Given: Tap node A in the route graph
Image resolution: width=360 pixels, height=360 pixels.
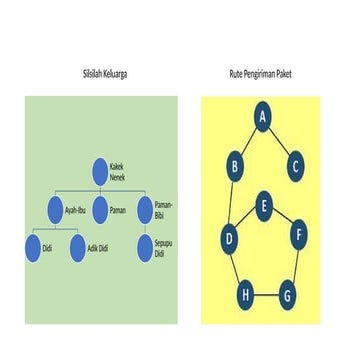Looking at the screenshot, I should [x=263, y=118].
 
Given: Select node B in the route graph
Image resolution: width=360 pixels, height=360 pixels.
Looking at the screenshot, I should [x=234, y=166].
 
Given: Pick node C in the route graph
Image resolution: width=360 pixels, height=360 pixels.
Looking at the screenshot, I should [x=294, y=166].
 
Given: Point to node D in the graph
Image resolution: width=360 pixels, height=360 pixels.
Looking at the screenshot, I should [x=230, y=238].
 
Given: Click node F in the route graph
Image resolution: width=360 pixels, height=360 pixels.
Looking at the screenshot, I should [x=298, y=237].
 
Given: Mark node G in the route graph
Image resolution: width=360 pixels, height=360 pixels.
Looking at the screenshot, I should [x=286, y=296].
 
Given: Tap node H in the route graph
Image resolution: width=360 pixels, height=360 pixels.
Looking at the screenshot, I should [x=245, y=296].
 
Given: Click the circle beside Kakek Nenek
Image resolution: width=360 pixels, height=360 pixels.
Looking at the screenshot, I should [x=99, y=171].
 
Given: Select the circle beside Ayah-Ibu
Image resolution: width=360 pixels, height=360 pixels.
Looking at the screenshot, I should [x=55, y=211].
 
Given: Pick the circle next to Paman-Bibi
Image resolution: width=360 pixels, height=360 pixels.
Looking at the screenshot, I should [x=145, y=210].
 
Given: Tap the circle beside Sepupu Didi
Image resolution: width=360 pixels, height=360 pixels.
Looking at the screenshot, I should [x=145, y=248].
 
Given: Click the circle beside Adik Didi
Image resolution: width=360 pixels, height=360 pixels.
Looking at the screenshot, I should [x=78, y=248].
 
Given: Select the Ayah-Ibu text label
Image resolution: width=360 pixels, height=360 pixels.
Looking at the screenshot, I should [x=76, y=211].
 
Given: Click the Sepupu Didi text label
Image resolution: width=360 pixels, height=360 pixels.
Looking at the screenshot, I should [x=165, y=248].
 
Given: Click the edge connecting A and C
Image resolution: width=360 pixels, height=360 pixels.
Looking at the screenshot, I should [x=279, y=141].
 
